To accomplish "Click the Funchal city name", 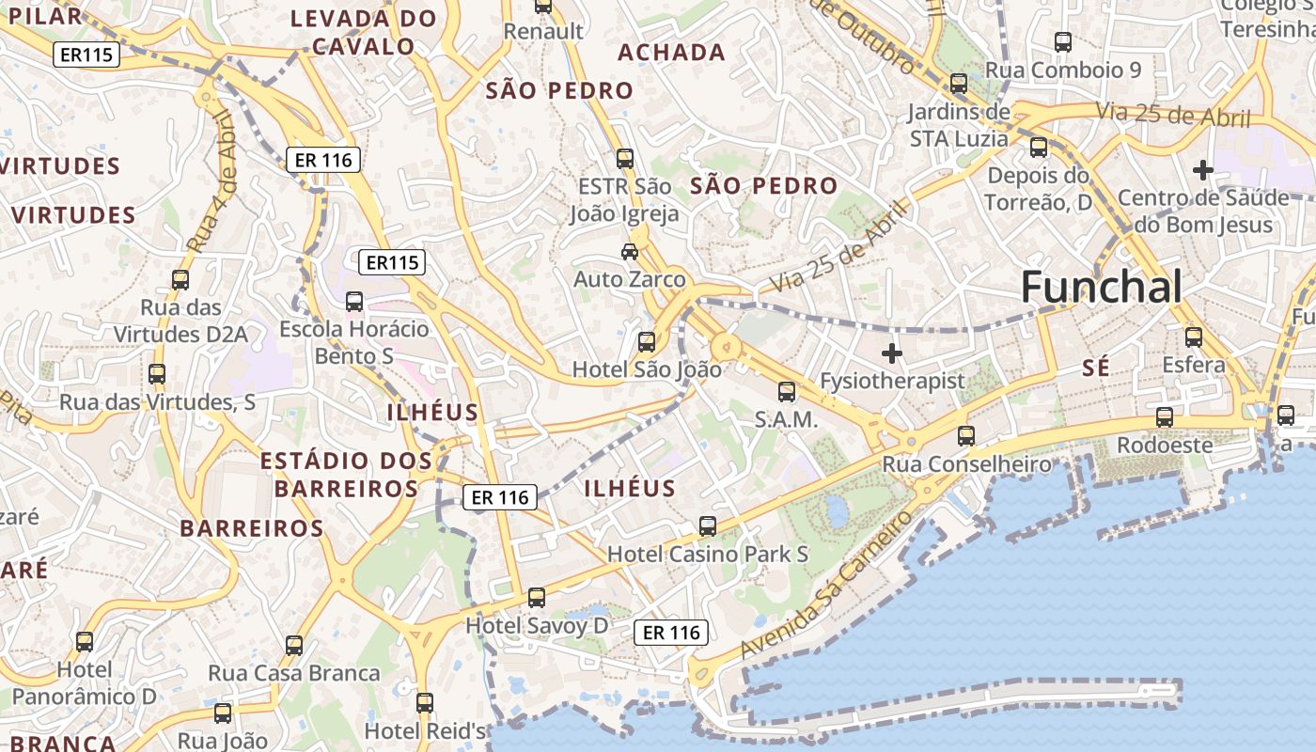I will (x=1101, y=287).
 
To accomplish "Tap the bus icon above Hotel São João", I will (x=647, y=341).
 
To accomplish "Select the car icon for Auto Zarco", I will (x=630, y=252).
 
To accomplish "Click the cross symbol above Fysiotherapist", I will (x=892, y=353).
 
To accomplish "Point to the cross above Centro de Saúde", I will (x=1202, y=170).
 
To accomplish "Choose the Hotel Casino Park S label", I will (x=708, y=554).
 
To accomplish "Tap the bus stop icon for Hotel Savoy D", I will (x=537, y=597).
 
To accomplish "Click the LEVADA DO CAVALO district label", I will (x=363, y=32).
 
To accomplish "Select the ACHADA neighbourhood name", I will (x=671, y=53).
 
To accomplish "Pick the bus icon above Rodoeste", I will (x=1165, y=417).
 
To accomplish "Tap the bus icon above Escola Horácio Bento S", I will (x=354, y=302).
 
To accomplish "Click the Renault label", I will (x=543, y=31).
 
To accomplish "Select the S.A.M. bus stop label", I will (x=787, y=420).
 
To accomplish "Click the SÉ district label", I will (x=1096, y=368).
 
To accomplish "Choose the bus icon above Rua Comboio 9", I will (x=1063, y=42).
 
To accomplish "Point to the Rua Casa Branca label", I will (x=294, y=673).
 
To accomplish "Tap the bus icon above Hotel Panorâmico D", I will (x=85, y=642).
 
